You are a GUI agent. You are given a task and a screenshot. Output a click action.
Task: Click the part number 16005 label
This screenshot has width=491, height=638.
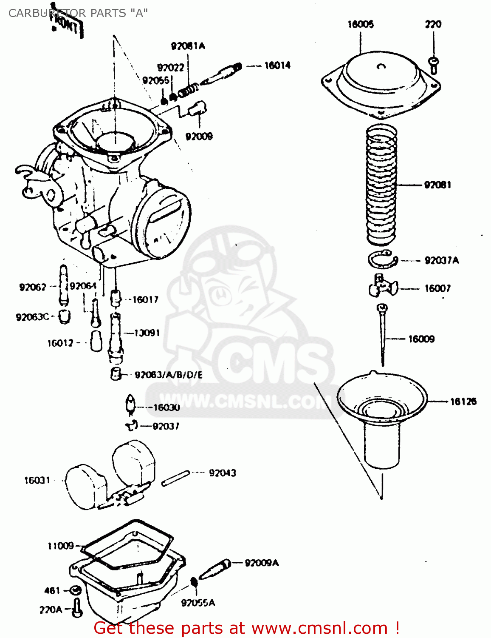361,24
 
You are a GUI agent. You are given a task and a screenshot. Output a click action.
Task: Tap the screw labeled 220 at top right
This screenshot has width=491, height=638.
433,63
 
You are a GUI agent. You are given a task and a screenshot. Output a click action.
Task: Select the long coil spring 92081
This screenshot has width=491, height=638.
381,185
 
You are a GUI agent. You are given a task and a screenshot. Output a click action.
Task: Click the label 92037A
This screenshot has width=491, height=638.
442,260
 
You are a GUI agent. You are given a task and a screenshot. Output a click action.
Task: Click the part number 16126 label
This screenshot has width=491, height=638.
463,401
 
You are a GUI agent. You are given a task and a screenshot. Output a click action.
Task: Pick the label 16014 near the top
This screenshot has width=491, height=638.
277,66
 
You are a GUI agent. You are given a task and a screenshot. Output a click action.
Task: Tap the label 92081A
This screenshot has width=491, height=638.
188,46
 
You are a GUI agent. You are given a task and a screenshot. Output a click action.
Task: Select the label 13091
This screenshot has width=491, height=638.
147,333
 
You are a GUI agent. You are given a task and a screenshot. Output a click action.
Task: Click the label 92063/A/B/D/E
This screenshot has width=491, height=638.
169,375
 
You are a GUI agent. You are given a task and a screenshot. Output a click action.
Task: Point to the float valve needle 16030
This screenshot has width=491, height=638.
130,404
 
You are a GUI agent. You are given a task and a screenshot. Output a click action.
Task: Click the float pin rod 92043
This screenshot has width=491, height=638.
175,478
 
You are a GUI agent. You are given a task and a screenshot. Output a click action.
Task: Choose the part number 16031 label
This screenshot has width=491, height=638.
37,480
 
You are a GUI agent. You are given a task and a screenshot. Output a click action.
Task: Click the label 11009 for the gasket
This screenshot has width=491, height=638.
61,546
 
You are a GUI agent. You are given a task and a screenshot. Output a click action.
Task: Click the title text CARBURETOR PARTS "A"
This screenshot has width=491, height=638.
78,13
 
